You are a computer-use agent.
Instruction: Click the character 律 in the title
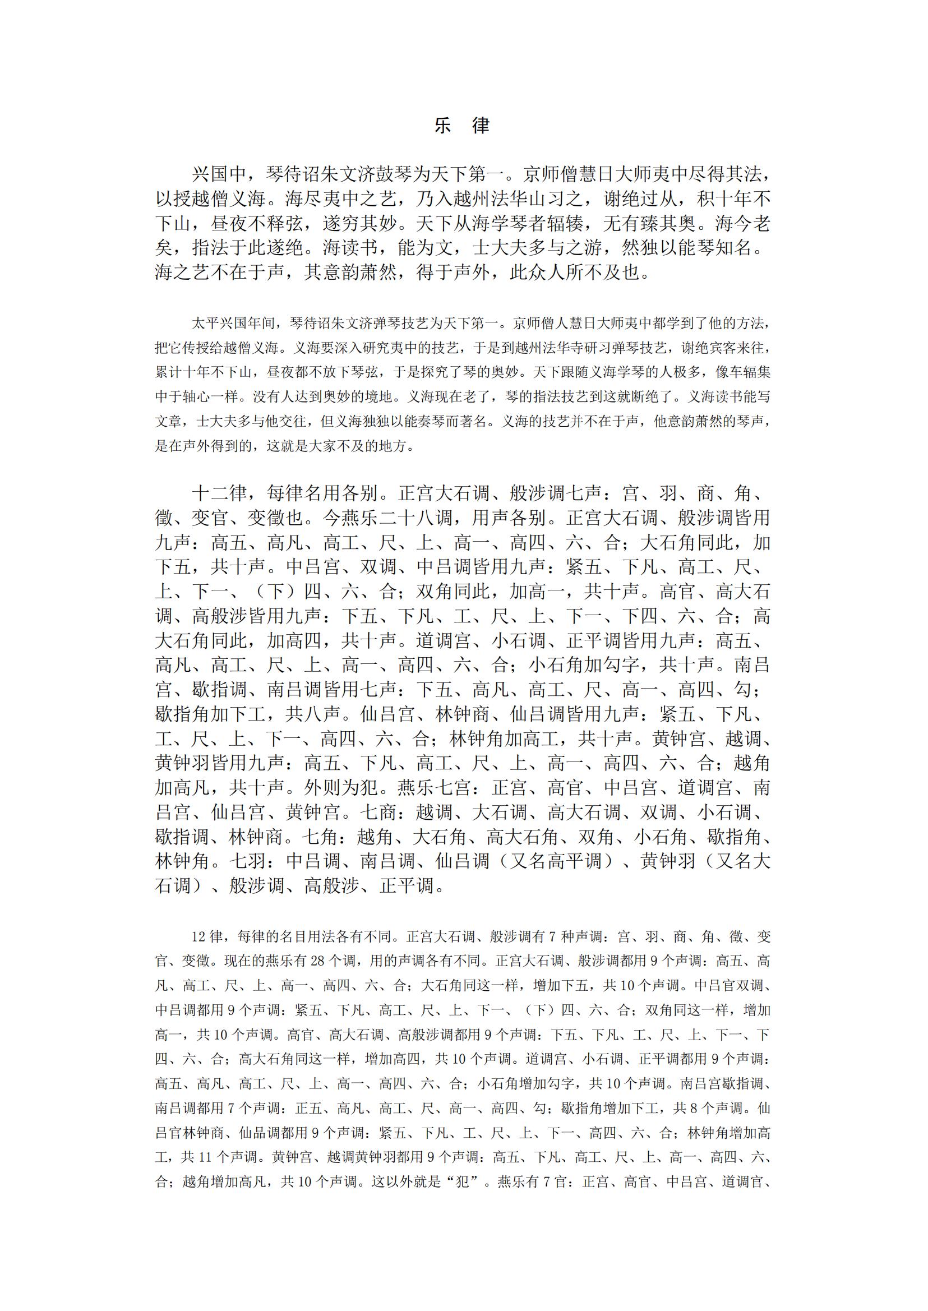pyautogui.click(x=481, y=125)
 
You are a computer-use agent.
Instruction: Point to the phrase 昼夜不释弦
pyautogui.click(x=257, y=223)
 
